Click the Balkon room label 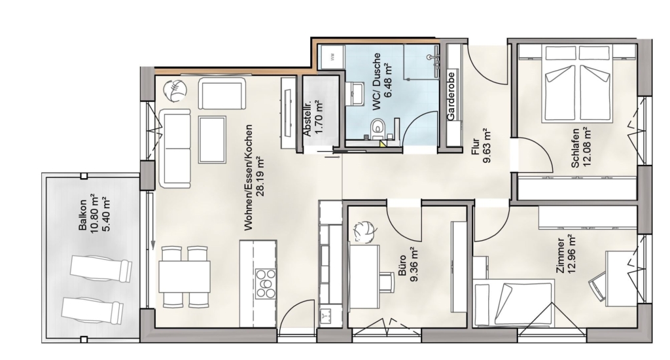(x=83, y=215)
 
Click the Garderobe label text (x=451, y=96)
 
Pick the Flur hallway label (x=475, y=146)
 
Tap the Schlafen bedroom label (x=574, y=148)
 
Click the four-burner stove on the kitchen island (x=266, y=283)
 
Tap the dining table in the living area (x=184, y=276)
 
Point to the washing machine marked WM (x=333, y=56)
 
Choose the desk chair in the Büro (x=387, y=283)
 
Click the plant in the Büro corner (x=365, y=232)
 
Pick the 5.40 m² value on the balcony (x=105, y=215)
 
